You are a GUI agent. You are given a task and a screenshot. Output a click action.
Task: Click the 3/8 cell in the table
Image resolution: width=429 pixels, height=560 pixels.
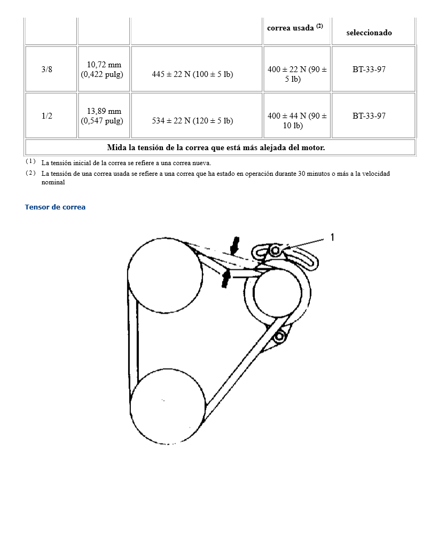(47, 69)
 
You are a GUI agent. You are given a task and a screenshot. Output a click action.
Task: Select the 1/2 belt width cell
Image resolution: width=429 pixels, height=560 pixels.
(47, 116)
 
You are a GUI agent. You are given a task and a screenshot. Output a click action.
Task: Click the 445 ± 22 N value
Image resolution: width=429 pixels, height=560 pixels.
(192, 74)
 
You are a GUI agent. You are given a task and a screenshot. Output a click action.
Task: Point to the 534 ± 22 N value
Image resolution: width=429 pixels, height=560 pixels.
(192, 121)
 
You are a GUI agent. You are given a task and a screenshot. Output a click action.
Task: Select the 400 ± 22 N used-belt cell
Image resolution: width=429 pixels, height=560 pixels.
(297, 74)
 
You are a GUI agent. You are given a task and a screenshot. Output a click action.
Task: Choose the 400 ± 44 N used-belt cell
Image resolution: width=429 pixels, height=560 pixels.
(297, 121)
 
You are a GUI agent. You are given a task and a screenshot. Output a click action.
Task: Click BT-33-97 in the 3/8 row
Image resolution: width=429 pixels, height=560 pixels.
(369, 69)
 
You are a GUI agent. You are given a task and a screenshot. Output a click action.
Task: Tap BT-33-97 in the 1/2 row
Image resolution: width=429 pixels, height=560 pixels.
(369, 116)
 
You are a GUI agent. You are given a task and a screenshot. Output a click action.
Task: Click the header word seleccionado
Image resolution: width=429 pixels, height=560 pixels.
(369, 33)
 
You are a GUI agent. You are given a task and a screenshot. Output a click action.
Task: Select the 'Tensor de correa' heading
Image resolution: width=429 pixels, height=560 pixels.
(55, 207)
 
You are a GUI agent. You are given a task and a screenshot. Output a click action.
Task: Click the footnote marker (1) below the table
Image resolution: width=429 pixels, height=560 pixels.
(30, 161)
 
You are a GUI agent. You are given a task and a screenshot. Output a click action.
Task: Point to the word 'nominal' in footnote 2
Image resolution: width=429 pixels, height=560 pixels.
(53, 182)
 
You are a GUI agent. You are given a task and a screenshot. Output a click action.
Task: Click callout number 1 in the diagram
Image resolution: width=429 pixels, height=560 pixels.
(332, 237)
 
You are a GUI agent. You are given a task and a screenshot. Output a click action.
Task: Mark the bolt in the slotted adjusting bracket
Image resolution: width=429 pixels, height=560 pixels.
(275, 250)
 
